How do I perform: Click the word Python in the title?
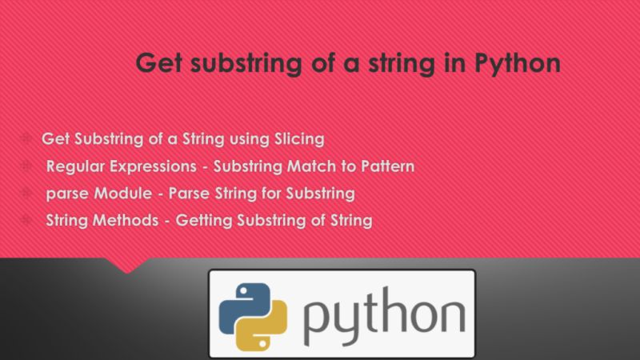click(518, 63)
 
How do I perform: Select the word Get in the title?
click(161, 63)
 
